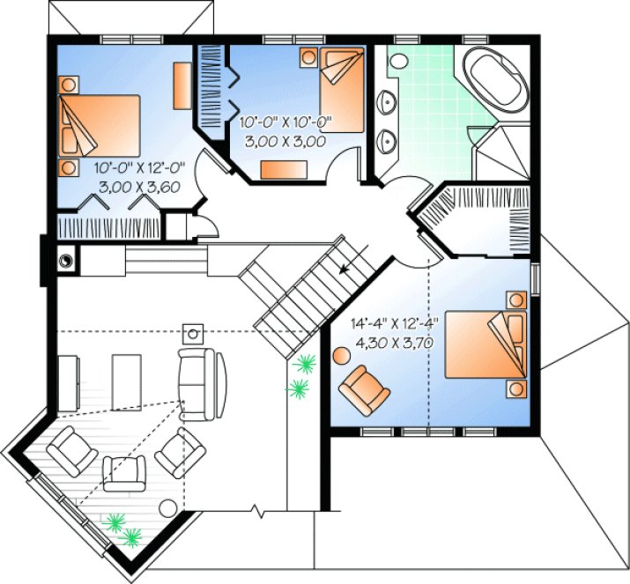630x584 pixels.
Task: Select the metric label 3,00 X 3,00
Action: (283, 141)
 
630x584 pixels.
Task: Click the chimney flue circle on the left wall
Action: (65, 260)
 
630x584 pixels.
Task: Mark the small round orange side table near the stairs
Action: (341, 356)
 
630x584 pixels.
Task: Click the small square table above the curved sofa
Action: (193, 333)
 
